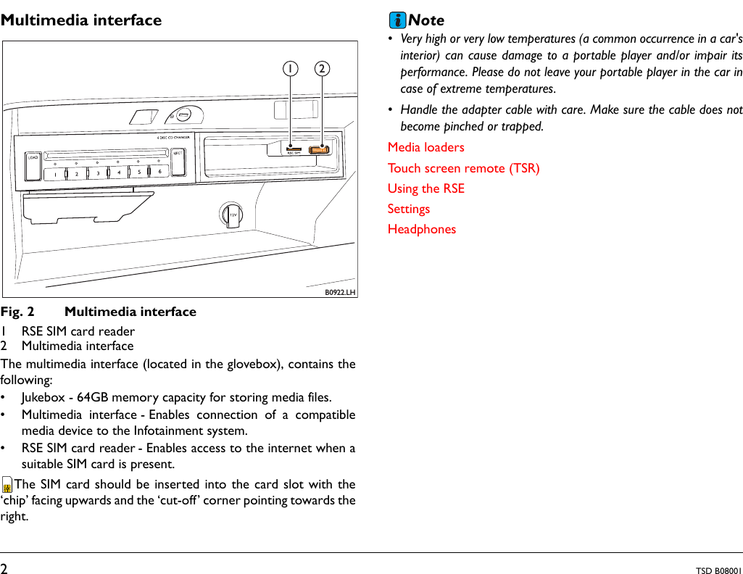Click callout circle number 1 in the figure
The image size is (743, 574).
(x=291, y=69)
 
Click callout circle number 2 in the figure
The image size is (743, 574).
(x=321, y=69)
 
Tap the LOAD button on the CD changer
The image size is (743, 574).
(x=33, y=167)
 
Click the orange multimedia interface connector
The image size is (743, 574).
(x=319, y=150)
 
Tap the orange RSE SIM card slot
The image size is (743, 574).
(x=294, y=149)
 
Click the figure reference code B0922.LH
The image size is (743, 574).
(x=340, y=292)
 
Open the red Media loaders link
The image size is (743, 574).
(x=426, y=147)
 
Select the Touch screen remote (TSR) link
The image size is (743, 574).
(x=463, y=168)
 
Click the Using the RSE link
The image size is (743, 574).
(x=426, y=188)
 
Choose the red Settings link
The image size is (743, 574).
(x=408, y=209)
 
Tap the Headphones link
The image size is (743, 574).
(x=421, y=229)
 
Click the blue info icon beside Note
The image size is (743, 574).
(x=397, y=20)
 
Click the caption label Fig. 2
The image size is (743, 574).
(x=17, y=312)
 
